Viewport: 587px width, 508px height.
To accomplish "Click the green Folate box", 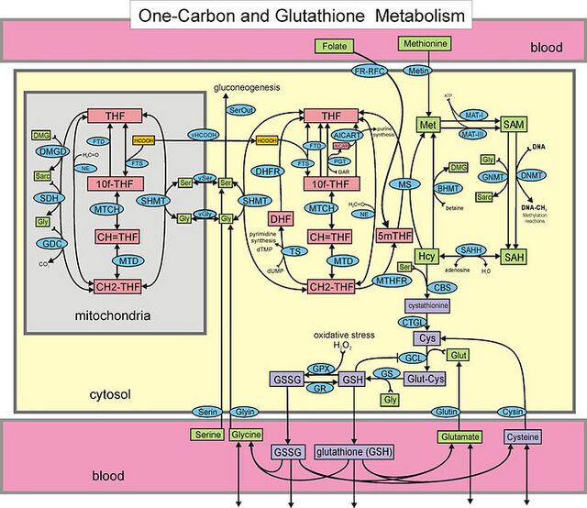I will [x=338, y=45].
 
